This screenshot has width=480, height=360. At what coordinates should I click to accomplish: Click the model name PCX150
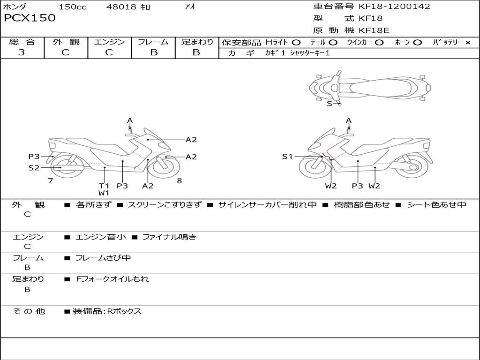(30, 18)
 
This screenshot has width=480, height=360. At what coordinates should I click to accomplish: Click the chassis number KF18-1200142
(394, 7)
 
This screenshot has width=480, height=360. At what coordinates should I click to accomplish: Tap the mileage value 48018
(121, 7)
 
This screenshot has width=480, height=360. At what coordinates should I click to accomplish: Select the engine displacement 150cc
(73, 7)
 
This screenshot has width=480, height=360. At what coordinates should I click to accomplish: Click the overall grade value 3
(22, 52)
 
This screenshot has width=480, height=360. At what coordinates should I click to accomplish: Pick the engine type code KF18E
(374, 31)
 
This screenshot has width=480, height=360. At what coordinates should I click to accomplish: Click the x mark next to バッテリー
(467, 43)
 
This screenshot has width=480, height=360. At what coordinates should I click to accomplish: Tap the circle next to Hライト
(296, 43)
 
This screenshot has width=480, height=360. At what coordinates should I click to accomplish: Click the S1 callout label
(287, 157)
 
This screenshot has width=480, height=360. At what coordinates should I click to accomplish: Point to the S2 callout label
(34, 167)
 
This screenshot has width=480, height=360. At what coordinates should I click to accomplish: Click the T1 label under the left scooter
(104, 186)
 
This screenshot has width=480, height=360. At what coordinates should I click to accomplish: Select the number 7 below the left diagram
(50, 180)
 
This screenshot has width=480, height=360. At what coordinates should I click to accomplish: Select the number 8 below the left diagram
(179, 180)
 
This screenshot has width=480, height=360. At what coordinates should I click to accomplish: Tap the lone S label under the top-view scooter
(329, 104)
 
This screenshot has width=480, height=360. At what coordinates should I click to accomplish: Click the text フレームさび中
(103, 258)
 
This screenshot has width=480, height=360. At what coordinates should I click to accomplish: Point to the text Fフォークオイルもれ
(112, 279)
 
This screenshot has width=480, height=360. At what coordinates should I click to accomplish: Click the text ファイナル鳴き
(169, 237)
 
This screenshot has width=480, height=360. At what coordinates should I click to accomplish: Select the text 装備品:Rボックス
(107, 311)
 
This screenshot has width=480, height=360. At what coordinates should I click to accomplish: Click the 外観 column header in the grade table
(66, 42)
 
